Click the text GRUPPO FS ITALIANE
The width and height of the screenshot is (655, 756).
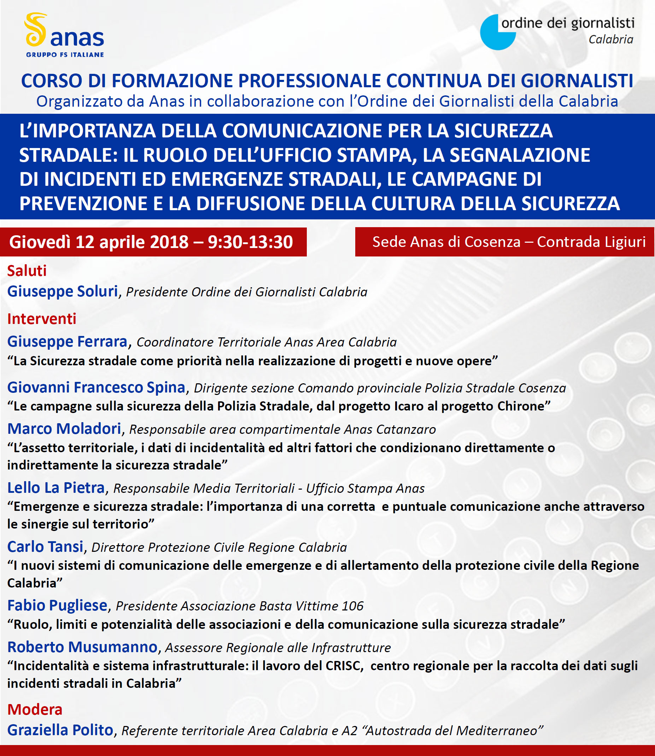tap(65, 55)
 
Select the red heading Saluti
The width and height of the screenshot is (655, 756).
tap(27, 271)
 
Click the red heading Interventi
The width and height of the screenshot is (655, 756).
tap(42, 319)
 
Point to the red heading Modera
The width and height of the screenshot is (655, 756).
tap(35, 709)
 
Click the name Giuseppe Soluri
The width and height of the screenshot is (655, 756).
tap(63, 291)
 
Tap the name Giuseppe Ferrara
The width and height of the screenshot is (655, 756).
tap(67, 342)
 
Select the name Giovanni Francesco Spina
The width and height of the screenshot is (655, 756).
tap(96, 388)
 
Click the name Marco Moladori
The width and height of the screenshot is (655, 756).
tap(64, 429)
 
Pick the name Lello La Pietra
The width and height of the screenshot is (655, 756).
tap(56, 488)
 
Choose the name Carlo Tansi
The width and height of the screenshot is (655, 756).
tap(45, 547)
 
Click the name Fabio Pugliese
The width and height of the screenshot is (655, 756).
tap(57, 605)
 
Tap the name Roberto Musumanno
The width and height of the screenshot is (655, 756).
tap(82, 647)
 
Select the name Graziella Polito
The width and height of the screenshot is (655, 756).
tap(60, 730)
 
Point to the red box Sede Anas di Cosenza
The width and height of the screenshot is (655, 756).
tap(504, 242)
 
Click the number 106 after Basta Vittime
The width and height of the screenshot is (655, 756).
tap(353, 606)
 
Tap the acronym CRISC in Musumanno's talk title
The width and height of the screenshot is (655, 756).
tap(343, 666)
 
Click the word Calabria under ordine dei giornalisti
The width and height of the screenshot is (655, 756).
tap(611, 40)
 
